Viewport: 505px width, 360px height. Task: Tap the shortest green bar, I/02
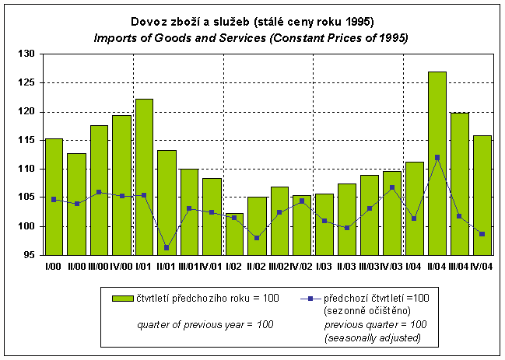[x=234, y=234]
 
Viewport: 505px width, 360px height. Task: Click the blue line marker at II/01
[x=167, y=247]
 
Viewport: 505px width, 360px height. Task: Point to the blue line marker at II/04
[x=437, y=157]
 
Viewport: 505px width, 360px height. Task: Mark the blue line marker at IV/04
[x=482, y=234]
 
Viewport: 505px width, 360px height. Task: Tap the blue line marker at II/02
[x=257, y=238]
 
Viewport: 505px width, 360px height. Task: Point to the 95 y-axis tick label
[x=28, y=255]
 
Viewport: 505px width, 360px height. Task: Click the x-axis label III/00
[x=99, y=265]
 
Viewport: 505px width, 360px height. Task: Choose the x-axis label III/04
[x=460, y=265]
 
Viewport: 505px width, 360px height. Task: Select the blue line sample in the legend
[x=310, y=298]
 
